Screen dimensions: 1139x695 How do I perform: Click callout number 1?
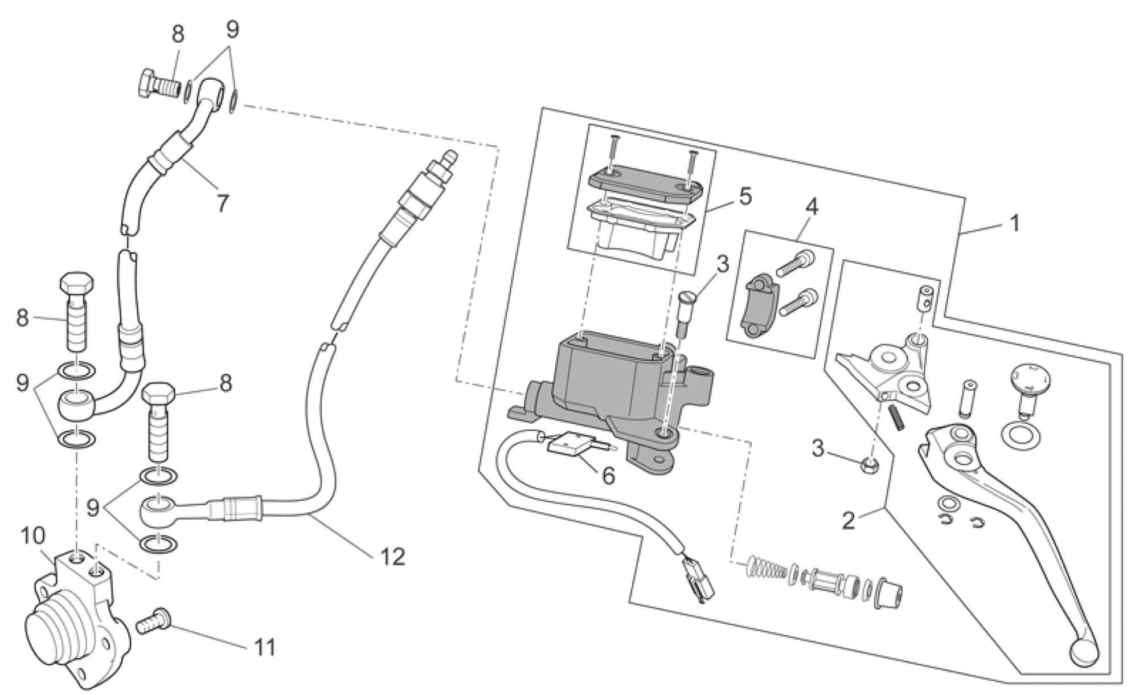point(1014,223)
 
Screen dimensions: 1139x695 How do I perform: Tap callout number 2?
point(849,520)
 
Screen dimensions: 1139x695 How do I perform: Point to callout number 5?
point(744,197)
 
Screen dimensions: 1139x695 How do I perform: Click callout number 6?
point(608,475)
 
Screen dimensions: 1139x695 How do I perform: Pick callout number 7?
point(222,202)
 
